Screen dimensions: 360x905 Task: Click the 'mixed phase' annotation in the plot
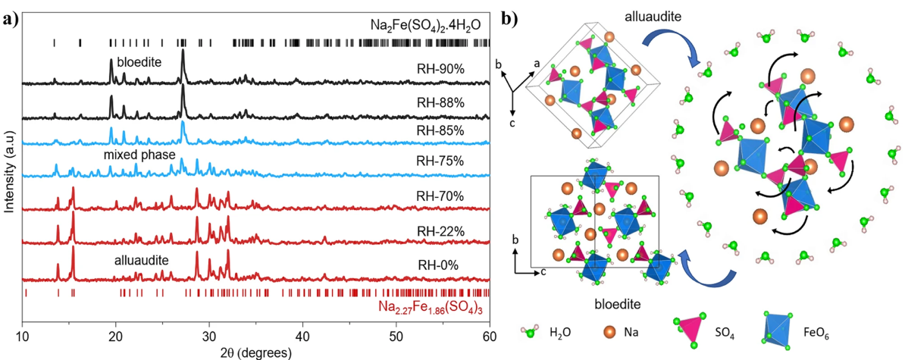pyautogui.click(x=136, y=154)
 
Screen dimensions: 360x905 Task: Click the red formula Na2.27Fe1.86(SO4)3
pyautogui.click(x=434, y=308)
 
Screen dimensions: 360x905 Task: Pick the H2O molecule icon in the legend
pyautogui.click(x=531, y=331)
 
